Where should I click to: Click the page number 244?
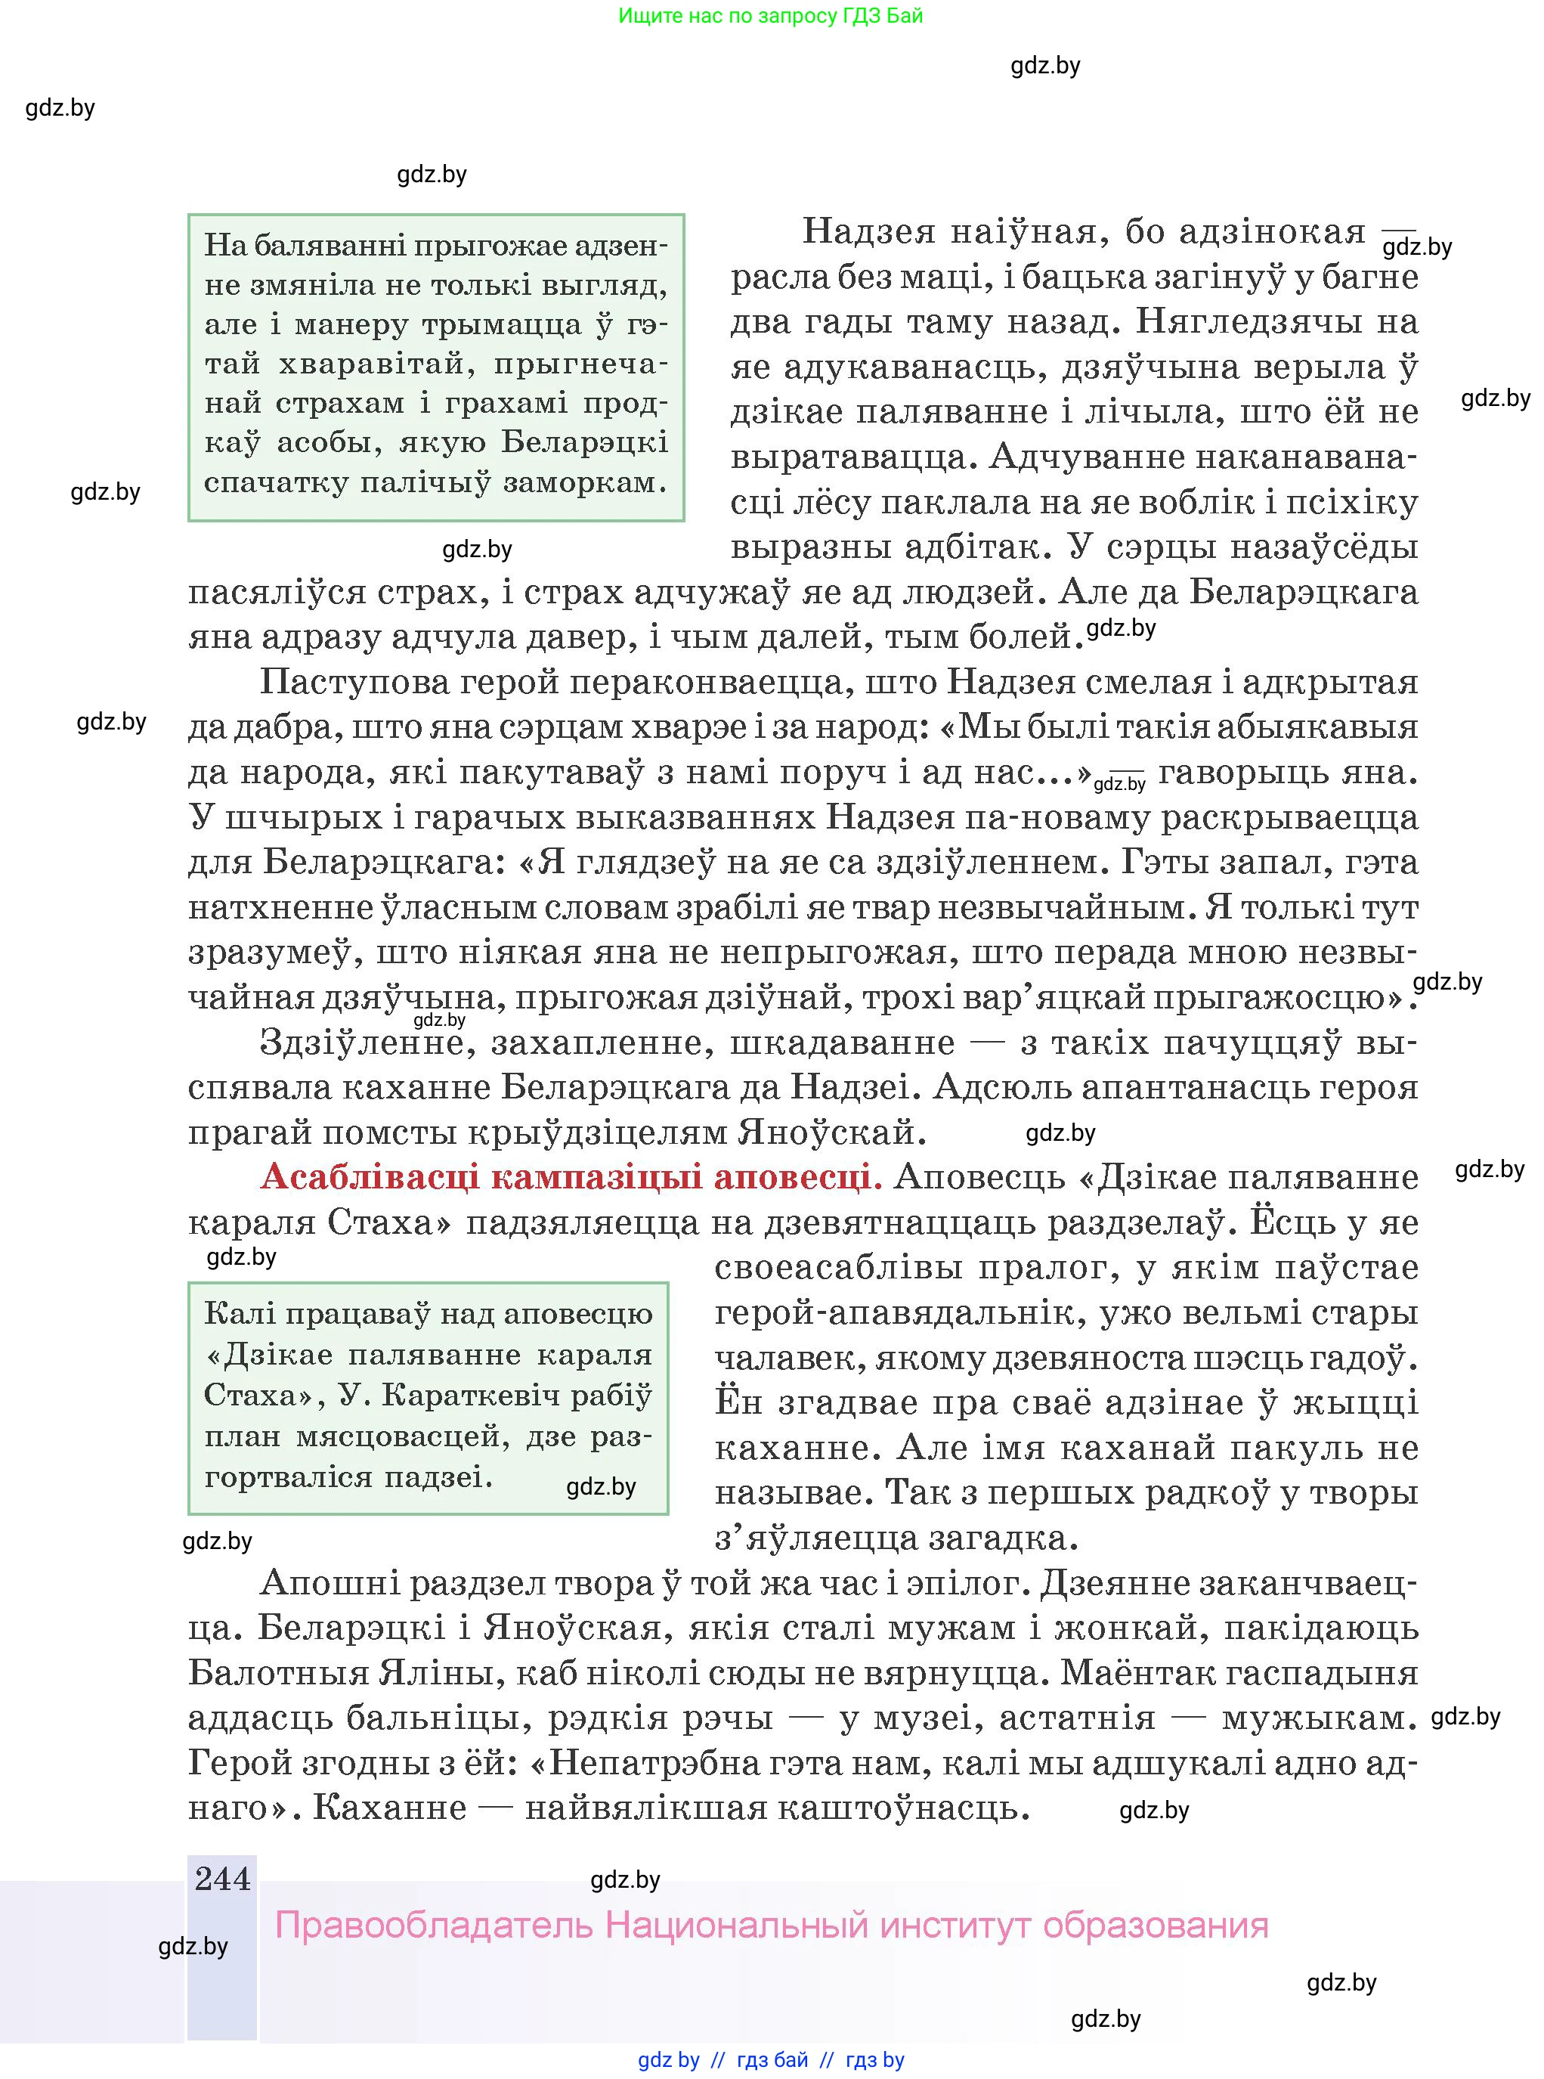[222, 1879]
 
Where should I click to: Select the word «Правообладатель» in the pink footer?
[435, 1926]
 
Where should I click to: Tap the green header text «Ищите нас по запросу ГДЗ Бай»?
[770, 16]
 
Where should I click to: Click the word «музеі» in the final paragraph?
[924, 1717]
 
